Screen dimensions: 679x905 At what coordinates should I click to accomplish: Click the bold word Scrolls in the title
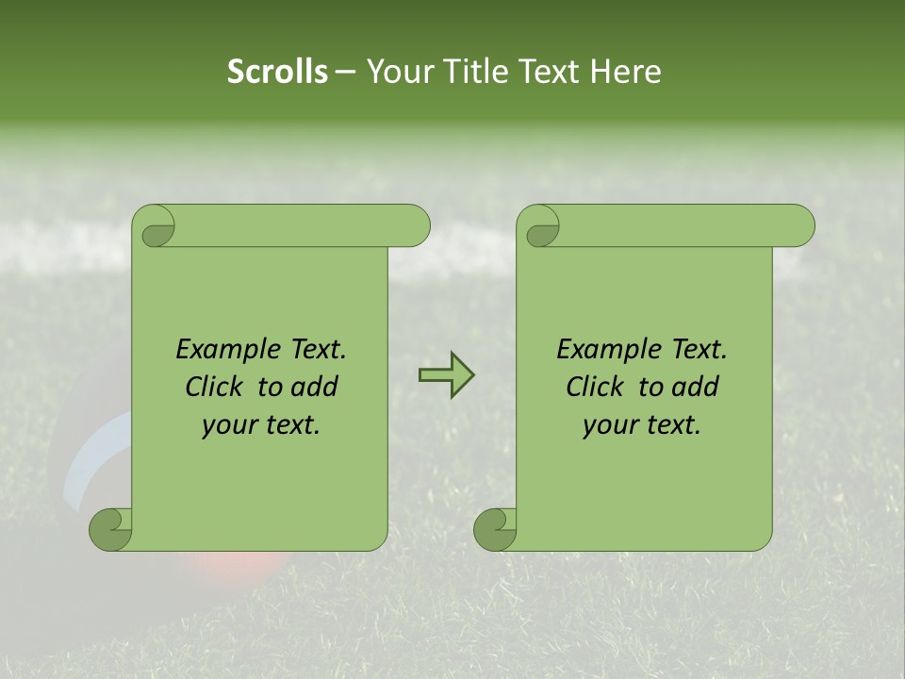pyautogui.click(x=277, y=72)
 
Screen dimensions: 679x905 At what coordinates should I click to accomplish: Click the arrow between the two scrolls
pyautogui.click(x=447, y=375)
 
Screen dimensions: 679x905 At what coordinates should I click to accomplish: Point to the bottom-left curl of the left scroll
pyautogui.click(x=109, y=530)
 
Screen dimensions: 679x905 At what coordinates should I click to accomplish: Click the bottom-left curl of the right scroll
pyautogui.click(x=494, y=530)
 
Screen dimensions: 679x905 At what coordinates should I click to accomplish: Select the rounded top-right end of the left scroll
pyautogui.click(x=416, y=226)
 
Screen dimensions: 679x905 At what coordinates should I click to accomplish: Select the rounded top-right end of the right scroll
pyautogui.click(x=800, y=226)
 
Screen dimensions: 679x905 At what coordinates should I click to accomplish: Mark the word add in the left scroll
pyautogui.click(x=316, y=387)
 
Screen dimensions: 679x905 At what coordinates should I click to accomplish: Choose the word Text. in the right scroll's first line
pyautogui.click(x=699, y=349)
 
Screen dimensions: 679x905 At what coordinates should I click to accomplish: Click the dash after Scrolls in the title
pyautogui.click(x=345, y=73)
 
